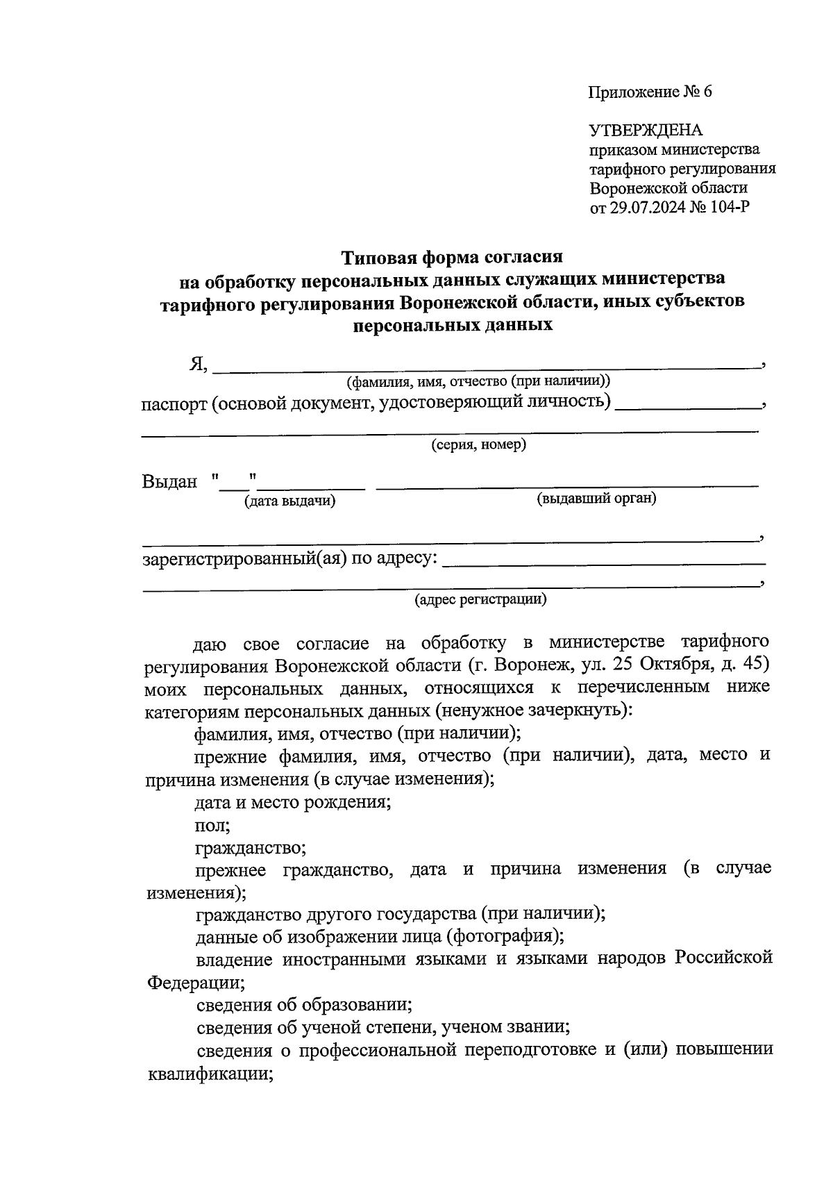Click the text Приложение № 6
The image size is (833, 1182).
click(650, 92)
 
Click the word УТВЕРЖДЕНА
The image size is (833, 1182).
click(646, 130)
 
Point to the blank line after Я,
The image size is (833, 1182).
click(486, 368)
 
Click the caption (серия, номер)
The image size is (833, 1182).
click(478, 444)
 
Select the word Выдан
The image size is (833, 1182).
click(169, 481)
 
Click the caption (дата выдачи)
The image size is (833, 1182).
click(289, 501)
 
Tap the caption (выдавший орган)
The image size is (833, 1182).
click(597, 498)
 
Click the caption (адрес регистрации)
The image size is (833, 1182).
click(480, 599)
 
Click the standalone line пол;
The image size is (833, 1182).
click(212, 825)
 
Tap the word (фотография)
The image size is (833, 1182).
click(505, 936)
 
